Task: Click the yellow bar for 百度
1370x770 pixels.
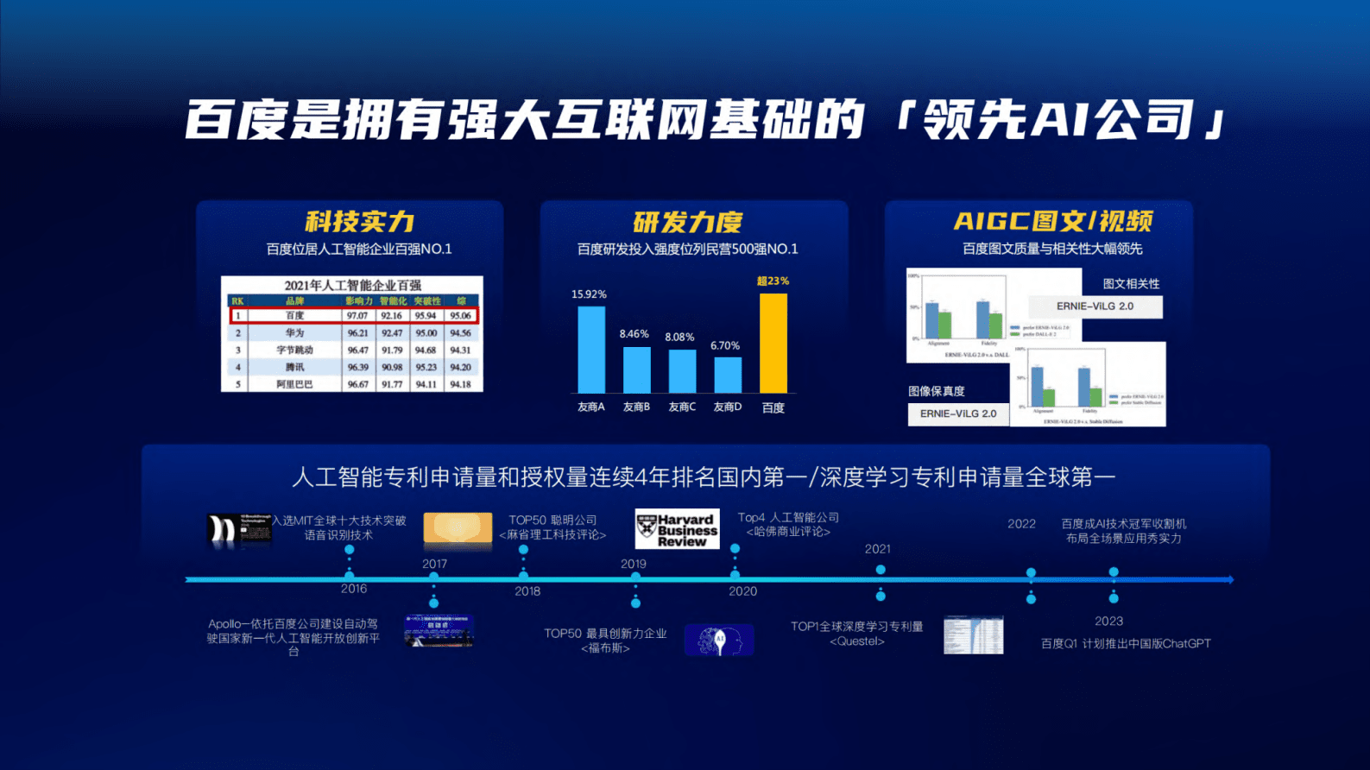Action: (x=773, y=344)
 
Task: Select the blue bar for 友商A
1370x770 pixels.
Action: (x=591, y=350)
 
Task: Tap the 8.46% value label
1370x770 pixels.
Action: (x=634, y=334)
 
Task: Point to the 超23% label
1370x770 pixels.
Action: (x=773, y=281)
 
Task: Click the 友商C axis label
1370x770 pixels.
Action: (x=682, y=407)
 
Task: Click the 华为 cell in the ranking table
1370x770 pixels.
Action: (x=295, y=332)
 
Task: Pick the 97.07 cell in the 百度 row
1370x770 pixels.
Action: (x=357, y=316)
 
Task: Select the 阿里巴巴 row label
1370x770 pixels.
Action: (x=295, y=384)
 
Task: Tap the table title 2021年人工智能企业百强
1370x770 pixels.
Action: (x=353, y=285)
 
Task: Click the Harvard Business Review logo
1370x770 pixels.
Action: (x=677, y=529)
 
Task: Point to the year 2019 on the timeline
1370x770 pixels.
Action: (x=634, y=564)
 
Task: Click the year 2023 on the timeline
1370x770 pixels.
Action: (x=1108, y=621)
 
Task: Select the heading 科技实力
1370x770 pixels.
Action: (x=360, y=222)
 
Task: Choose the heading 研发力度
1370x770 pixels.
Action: (x=687, y=223)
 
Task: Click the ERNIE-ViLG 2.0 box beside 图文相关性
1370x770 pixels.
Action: (x=1095, y=306)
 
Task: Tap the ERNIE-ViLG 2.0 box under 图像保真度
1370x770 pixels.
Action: (x=958, y=414)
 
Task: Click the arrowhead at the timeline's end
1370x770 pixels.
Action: (x=1229, y=579)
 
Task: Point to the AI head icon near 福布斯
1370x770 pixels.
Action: (x=719, y=641)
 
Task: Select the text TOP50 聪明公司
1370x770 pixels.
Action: (x=552, y=520)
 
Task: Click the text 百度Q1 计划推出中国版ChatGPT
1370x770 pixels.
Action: (x=1126, y=643)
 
